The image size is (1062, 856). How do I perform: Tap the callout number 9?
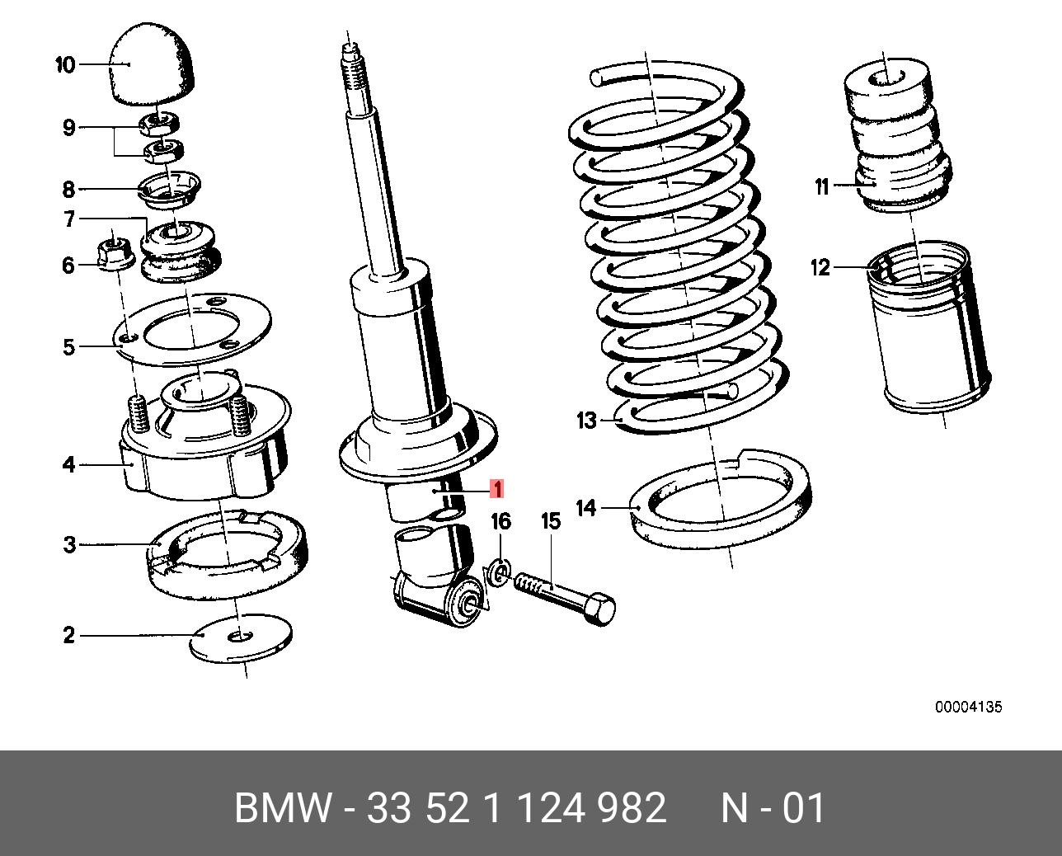click(68, 128)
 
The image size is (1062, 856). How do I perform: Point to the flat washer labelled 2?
click(241, 637)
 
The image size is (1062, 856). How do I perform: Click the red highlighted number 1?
click(496, 489)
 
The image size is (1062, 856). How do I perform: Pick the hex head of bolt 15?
click(599, 609)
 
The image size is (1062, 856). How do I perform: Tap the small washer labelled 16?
click(498, 572)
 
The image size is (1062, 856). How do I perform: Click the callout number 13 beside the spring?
click(586, 421)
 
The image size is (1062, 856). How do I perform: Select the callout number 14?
click(585, 508)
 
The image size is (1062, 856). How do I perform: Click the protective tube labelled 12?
click(928, 330)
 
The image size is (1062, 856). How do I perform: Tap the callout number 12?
click(820, 268)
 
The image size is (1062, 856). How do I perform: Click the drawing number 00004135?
click(968, 708)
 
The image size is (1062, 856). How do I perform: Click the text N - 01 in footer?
click(773, 808)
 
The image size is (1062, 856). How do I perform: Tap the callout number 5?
click(69, 347)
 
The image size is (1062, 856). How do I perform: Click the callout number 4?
click(68, 465)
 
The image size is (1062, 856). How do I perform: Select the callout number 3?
click(69, 544)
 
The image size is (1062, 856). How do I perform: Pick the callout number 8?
click(68, 190)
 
